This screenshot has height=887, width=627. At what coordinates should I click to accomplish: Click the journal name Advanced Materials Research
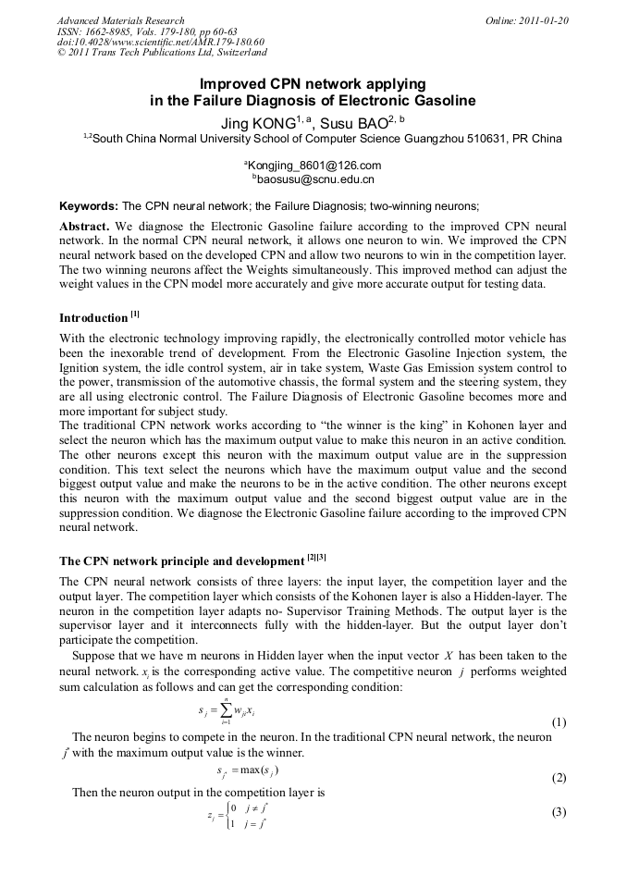(120, 20)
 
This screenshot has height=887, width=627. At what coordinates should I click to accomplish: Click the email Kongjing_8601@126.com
(314, 166)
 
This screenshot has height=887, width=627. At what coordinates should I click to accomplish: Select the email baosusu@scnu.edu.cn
(315, 179)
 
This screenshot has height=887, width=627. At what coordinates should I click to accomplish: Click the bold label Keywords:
(88, 206)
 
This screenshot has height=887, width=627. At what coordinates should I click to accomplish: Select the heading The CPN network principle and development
(181, 561)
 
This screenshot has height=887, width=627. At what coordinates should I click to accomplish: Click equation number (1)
(559, 722)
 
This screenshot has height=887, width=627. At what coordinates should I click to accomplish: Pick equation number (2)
(559, 778)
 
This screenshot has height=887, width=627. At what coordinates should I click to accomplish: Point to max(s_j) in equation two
(260, 770)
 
